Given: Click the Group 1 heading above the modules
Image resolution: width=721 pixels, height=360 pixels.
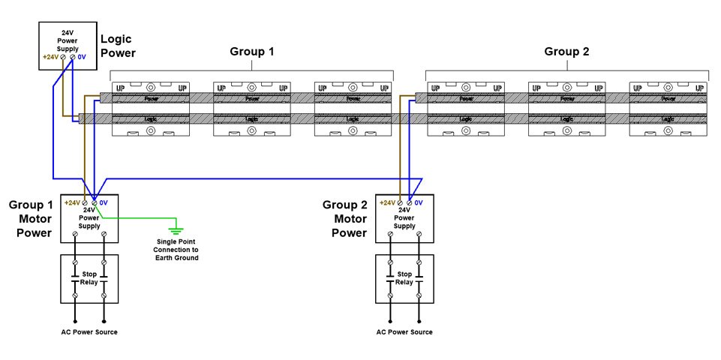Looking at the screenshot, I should tap(251, 52).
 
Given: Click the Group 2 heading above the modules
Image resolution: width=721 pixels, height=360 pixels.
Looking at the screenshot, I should tap(566, 52).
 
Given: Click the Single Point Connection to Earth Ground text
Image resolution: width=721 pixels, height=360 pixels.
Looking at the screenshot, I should tap(177, 250).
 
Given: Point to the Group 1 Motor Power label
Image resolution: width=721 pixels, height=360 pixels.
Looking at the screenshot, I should tap(30, 218).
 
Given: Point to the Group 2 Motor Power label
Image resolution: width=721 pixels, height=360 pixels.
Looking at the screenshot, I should tap(344, 218).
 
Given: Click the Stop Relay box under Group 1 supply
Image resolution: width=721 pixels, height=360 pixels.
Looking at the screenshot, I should tap(89, 278).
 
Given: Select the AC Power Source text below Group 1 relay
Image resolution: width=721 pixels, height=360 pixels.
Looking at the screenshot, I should tap(89, 332).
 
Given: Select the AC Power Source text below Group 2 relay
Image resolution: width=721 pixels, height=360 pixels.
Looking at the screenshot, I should tap(404, 332).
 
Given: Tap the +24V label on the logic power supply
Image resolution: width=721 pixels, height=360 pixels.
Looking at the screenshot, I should tap(51, 57).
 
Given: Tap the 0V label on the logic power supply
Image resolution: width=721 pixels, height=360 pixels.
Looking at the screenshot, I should tap(83, 57).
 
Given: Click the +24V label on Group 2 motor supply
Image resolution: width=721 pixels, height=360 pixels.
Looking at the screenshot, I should tap(387, 202).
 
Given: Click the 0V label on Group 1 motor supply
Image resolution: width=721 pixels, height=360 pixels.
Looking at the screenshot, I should tap(104, 202).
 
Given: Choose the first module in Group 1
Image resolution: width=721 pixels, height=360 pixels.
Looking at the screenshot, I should tap(151, 109).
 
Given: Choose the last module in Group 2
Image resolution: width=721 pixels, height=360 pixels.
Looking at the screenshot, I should tap(668, 109).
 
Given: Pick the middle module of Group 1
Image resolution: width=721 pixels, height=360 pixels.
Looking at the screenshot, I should tap(252, 109).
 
